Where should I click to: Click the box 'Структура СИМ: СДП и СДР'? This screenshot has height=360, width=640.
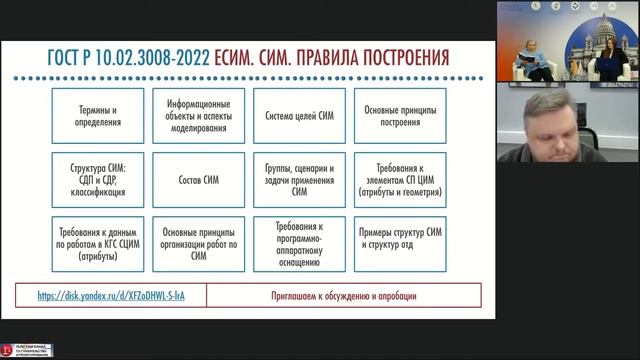coord(99,179)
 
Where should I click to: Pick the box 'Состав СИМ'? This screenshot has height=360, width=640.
coord(198,179)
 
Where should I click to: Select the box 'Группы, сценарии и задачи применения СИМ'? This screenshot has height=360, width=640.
coord(299,179)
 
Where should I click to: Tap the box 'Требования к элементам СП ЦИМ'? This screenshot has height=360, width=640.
coord(400,179)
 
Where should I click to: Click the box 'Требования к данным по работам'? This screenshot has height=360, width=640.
coord(99,242)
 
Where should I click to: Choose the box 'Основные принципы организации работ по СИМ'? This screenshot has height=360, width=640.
coord(198,242)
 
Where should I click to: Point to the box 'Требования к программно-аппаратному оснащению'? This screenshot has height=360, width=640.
coord(299,242)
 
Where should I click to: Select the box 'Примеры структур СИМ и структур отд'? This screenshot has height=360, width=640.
coord(400,242)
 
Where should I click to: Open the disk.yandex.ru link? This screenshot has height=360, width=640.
coord(110,296)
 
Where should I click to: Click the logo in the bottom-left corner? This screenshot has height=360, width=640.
coord(27,351)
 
